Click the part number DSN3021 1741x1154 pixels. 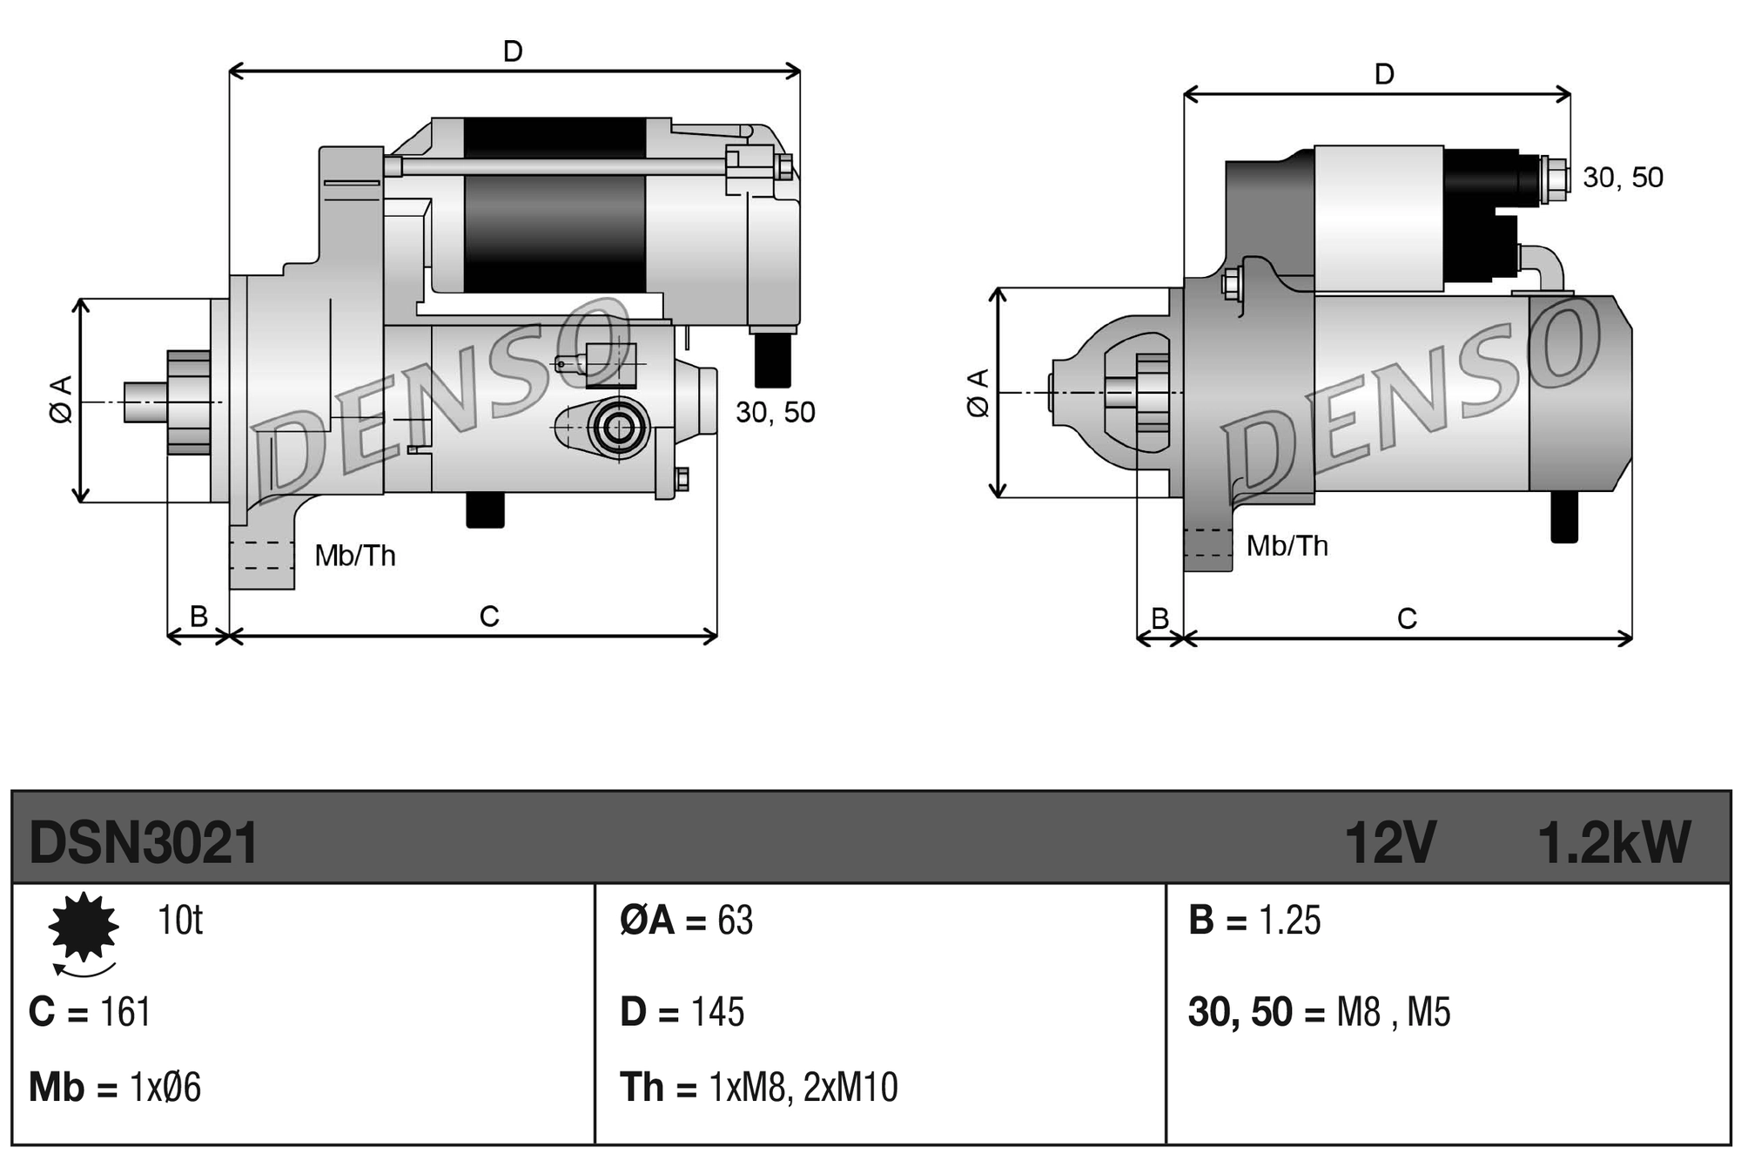coord(144,843)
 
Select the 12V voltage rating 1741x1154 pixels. coord(1389,843)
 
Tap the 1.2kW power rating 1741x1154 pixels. coord(1613,843)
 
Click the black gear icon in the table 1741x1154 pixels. coord(84,927)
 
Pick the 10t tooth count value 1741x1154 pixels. coord(179,921)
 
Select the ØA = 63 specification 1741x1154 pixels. coord(686,921)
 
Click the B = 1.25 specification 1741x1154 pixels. coord(1254,921)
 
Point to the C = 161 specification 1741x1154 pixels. coord(90,1012)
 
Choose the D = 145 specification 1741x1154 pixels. coord(682,1012)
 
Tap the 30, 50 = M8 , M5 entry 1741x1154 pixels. coord(1319,1012)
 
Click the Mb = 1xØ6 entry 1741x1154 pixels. coord(114,1088)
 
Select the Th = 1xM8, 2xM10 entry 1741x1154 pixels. coord(758,1088)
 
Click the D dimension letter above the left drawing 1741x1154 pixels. coord(513,52)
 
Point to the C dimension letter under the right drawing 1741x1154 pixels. coord(1407,619)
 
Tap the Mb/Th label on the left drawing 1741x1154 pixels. coord(354,556)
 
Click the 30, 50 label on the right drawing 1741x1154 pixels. coord(1623,178)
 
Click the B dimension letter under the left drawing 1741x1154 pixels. coord(198,617)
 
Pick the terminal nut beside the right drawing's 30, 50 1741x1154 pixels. coord(1553,179)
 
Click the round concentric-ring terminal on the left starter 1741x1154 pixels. coord(619,428)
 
